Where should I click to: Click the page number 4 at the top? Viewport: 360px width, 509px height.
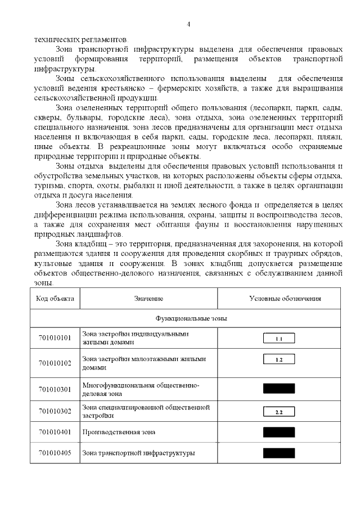click(188, 24)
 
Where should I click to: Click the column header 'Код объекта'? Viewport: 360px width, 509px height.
click(55, 298)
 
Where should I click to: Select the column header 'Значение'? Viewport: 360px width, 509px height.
click(148, 298)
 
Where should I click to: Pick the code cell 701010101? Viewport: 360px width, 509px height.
click(55, 338)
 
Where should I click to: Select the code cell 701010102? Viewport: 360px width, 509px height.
click(55, 363)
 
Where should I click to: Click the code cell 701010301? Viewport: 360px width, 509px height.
click(55, 389)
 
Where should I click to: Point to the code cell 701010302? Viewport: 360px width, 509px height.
click(55, 411)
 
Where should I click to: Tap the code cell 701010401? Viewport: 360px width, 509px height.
click(55, 432)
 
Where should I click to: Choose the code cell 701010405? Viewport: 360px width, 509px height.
click(55, 453)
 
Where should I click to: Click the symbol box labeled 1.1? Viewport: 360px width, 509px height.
click(279, 339)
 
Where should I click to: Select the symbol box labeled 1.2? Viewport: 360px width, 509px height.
click(279, 359)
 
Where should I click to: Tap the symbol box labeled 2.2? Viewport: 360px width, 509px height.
click(279, 412)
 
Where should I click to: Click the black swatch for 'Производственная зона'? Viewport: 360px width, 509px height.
click(279, 432)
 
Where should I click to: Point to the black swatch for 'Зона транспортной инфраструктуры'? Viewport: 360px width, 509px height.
click(279, 453)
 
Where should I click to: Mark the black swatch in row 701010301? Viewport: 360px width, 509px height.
click(279, 389)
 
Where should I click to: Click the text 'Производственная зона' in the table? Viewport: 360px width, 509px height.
click(119, 432)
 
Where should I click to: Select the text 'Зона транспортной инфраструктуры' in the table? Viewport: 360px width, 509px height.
click(138, 453)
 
